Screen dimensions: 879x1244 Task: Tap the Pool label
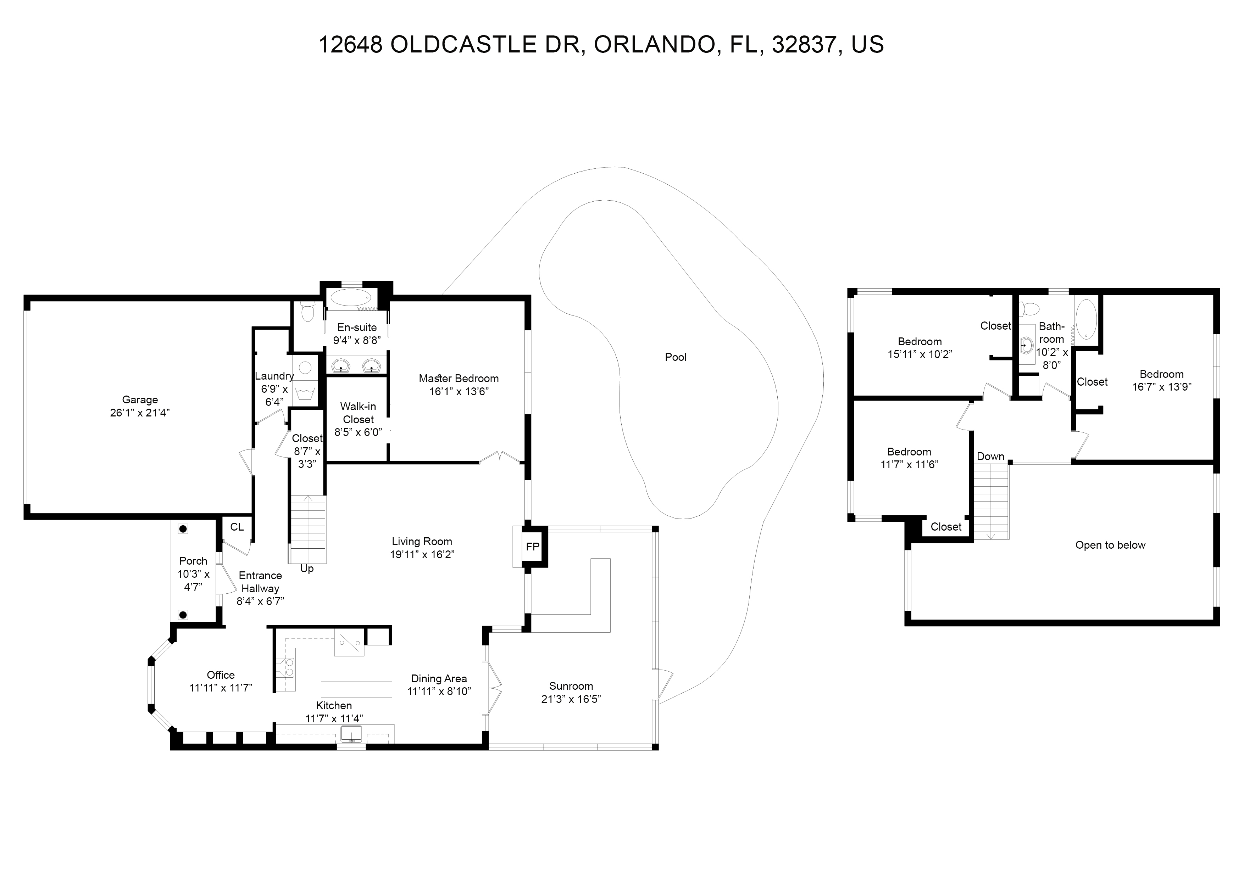tap(676, 357)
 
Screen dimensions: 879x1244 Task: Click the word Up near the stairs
tap(307, 569)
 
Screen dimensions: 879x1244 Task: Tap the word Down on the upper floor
tap(990, 457)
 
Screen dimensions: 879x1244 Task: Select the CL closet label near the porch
tap(237, 527)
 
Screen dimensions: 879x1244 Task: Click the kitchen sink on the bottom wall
tap(351, 735)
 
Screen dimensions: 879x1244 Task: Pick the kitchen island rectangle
tap(356, 689)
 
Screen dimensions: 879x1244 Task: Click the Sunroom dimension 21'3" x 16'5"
tap(571, 699)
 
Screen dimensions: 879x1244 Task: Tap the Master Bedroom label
tap(459, 379)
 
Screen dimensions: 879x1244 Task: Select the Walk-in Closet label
tap(358, 413)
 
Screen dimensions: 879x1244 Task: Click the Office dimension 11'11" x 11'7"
tap(221, 688)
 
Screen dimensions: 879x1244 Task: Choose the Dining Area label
tap(439, 679)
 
